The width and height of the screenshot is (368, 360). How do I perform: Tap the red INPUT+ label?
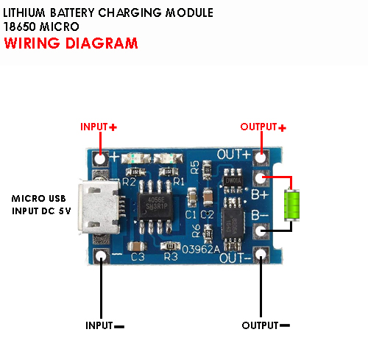click(x=99, y=127)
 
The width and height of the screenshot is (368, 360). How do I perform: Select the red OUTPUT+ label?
click(x=263, y=127)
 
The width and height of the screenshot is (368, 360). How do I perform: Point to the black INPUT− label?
click(x=104, y=325)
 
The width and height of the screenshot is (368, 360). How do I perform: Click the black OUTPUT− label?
click(x=266, y=325)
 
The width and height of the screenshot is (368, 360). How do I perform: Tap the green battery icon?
click(x=293, y=204)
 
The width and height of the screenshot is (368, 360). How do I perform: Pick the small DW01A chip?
click(x=233, y=178)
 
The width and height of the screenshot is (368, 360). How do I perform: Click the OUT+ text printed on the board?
click(x=233, y=155)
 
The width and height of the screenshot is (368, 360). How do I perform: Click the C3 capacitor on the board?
click(x=136, y=246)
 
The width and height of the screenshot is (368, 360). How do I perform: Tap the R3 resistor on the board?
click(x=171, y=246)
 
